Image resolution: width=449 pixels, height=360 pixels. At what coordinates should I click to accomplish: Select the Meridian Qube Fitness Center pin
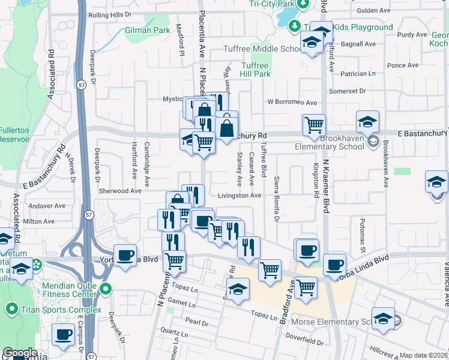pyautogui.click(x=106, y=290)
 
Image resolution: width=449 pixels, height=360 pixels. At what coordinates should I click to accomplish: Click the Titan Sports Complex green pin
pyautogui.click(x=11, y=309)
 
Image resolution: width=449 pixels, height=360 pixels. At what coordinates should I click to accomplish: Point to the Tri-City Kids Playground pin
pyautogui.click(x=295, y=26)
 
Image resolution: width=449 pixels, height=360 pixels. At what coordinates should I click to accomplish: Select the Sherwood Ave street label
pyautogui.click(x=121, y=191)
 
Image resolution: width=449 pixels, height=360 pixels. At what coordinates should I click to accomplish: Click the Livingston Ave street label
pyautogui.click(x=239, y=196)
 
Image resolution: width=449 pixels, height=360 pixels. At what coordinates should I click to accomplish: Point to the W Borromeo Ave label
pyautogui.click(x=292, y=103)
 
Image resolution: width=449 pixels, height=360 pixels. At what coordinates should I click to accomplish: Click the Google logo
pyautogui.click(x=20, y=353)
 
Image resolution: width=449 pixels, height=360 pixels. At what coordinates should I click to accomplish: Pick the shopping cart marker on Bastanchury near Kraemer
pyautogui.click(x=314, y=125)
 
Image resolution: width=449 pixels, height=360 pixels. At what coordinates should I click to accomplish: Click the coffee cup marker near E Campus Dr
pyautogui.click(x=64, y=334)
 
